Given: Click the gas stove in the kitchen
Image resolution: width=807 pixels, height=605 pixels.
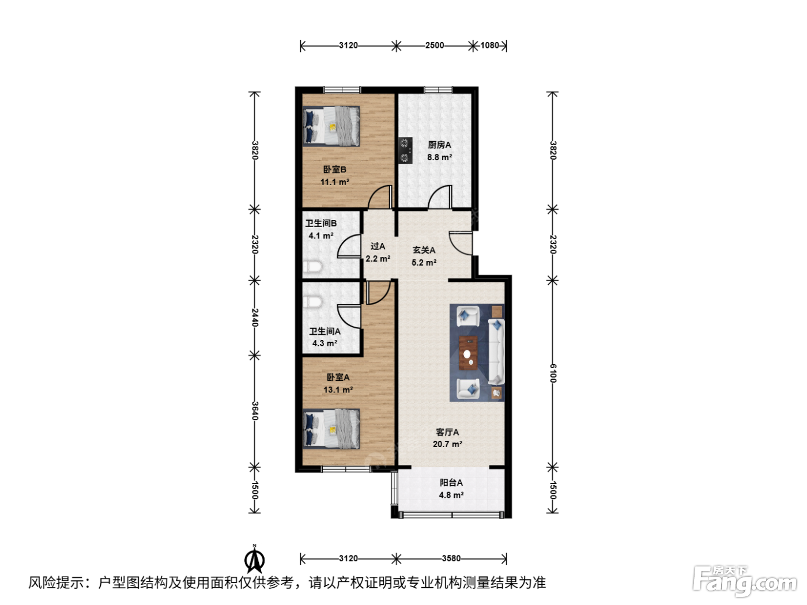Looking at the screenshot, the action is click(x=406, y=150).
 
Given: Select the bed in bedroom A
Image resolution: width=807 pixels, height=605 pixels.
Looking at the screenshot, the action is click(x=331, y=429).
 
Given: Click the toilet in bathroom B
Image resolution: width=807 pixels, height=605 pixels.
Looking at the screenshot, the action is click(x=312, y=266).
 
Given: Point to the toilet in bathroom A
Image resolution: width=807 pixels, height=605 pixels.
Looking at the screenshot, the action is click(x=312, y=302).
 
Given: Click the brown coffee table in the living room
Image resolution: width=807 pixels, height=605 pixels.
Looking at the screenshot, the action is click(x=468, y=352).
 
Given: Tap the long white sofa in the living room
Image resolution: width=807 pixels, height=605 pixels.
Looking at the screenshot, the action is click(x=496, y=352).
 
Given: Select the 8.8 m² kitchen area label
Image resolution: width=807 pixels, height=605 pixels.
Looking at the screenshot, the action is click(x=439, y=157).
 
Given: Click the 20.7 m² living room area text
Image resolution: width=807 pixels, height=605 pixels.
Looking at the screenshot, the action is click(x=447, y=444).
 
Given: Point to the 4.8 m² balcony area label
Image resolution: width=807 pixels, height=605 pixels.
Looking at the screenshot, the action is click(x=451, y=495).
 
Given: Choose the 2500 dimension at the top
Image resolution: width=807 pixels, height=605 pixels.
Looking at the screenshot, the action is click(x=435, y=45).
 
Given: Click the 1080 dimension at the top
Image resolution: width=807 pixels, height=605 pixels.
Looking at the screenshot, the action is click(x=490, y=45).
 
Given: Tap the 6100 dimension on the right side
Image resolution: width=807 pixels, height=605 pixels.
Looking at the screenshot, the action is click(x=553, y=373).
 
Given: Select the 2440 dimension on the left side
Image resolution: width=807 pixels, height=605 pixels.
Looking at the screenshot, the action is click(x=255, y=317).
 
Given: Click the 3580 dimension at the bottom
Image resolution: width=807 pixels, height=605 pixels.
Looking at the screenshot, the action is click(x=451, y=558).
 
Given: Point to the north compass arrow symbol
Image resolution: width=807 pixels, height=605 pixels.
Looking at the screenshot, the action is click(x=254, y=559).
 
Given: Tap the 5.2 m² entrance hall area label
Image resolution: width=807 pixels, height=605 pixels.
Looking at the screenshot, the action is click(x=424, y=263).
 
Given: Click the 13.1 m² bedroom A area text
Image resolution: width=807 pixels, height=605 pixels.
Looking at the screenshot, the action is click(x=338, y=390).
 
